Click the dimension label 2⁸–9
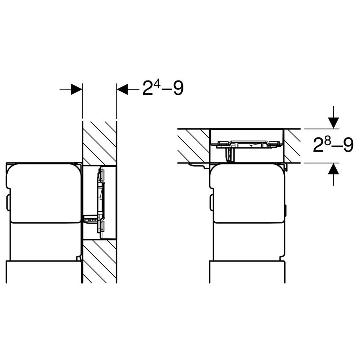(x=333, y=146)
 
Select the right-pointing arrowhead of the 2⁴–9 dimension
(x=76, y=89)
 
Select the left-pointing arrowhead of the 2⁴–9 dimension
(x=122, y=89)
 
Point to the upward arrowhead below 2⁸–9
(x=334, y=169)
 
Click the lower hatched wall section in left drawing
(x=99, y=261)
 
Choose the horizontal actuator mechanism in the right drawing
(x=246, y=144)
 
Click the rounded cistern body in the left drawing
(x=42, y=193)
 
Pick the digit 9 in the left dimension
(x=178, y=89)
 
